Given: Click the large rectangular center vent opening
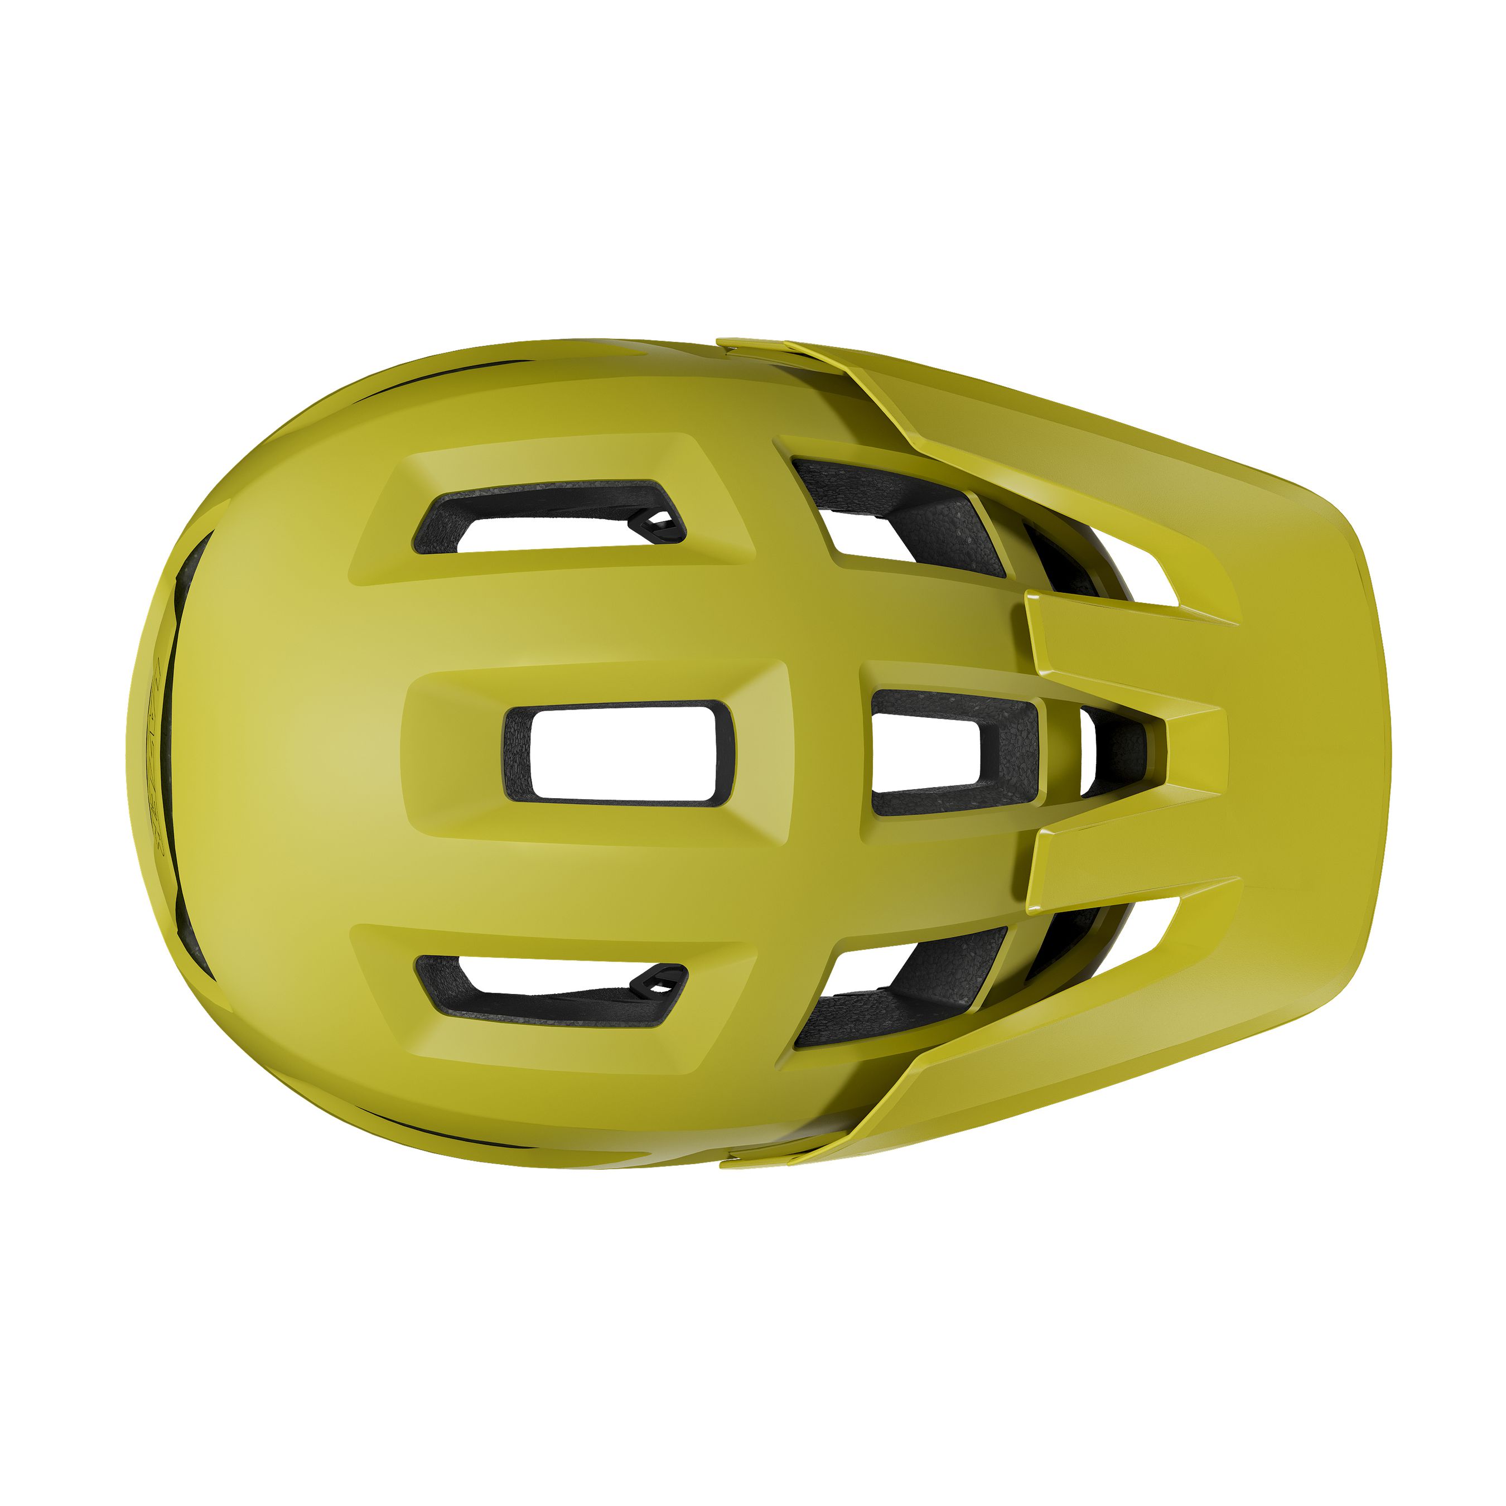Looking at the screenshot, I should [620, 752].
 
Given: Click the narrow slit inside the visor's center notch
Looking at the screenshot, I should [1088, 752].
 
